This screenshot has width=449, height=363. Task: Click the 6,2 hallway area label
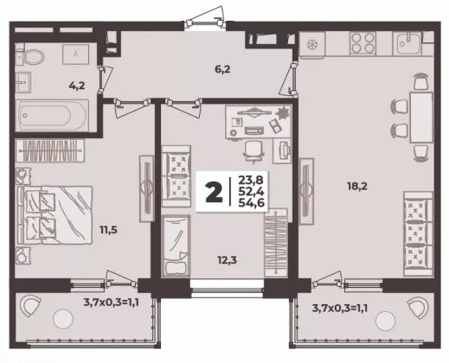222,69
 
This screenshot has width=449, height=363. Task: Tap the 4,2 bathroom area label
77,86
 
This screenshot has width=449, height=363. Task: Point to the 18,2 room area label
357,187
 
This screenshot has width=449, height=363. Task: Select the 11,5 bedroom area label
108,230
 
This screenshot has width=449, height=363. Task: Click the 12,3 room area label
227,260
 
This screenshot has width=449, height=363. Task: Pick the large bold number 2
214,191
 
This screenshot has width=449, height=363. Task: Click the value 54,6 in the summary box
251,203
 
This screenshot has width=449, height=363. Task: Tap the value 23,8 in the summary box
251,181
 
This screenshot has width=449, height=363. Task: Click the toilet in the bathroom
30,56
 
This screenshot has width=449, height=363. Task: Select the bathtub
53,116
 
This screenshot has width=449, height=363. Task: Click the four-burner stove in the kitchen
362,43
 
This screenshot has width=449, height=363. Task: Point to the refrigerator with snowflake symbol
312,44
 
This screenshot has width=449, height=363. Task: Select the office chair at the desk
253,151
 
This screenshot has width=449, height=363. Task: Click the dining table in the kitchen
421,118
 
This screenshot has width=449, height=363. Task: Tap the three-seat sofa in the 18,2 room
418,233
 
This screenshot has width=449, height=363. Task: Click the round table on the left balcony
63,319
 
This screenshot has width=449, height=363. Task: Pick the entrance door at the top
205,23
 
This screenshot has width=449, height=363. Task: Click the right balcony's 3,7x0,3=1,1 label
340,309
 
